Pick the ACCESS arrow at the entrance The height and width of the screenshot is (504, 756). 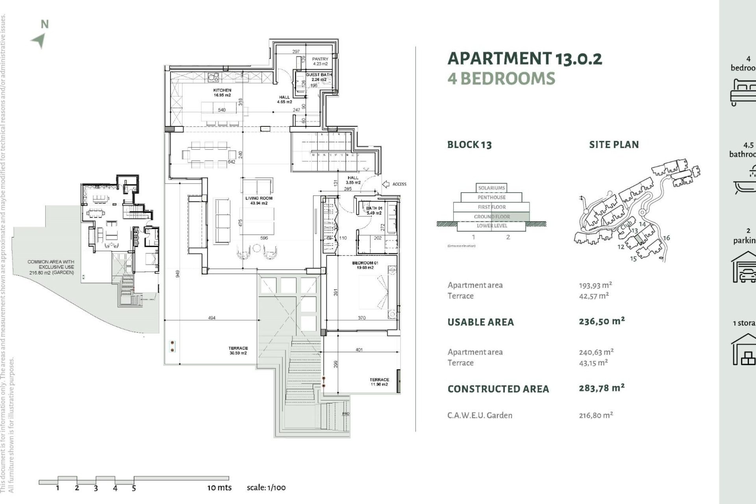tap(386, 184)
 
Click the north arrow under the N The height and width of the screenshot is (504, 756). tap(39, 41)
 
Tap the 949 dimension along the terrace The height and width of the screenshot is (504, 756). tap(178, 274)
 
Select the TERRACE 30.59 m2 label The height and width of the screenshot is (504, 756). tap(238, 350)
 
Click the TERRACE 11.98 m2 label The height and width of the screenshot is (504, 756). tap(379, 382)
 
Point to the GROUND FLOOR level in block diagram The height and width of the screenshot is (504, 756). tap(491, 217)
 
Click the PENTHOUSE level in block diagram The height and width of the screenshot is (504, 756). tap(491, 197)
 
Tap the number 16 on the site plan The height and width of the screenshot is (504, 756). tap(666, 238)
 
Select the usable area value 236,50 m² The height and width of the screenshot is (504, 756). tap(601, 321)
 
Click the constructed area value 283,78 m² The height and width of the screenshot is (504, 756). tap(601, 388)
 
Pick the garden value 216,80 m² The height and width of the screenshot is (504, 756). tap(596, 415)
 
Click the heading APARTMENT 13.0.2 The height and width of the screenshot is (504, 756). tap(524, 59)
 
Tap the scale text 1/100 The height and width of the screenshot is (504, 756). tap(266, 487)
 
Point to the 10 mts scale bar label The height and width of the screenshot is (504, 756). tap(219, 487)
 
